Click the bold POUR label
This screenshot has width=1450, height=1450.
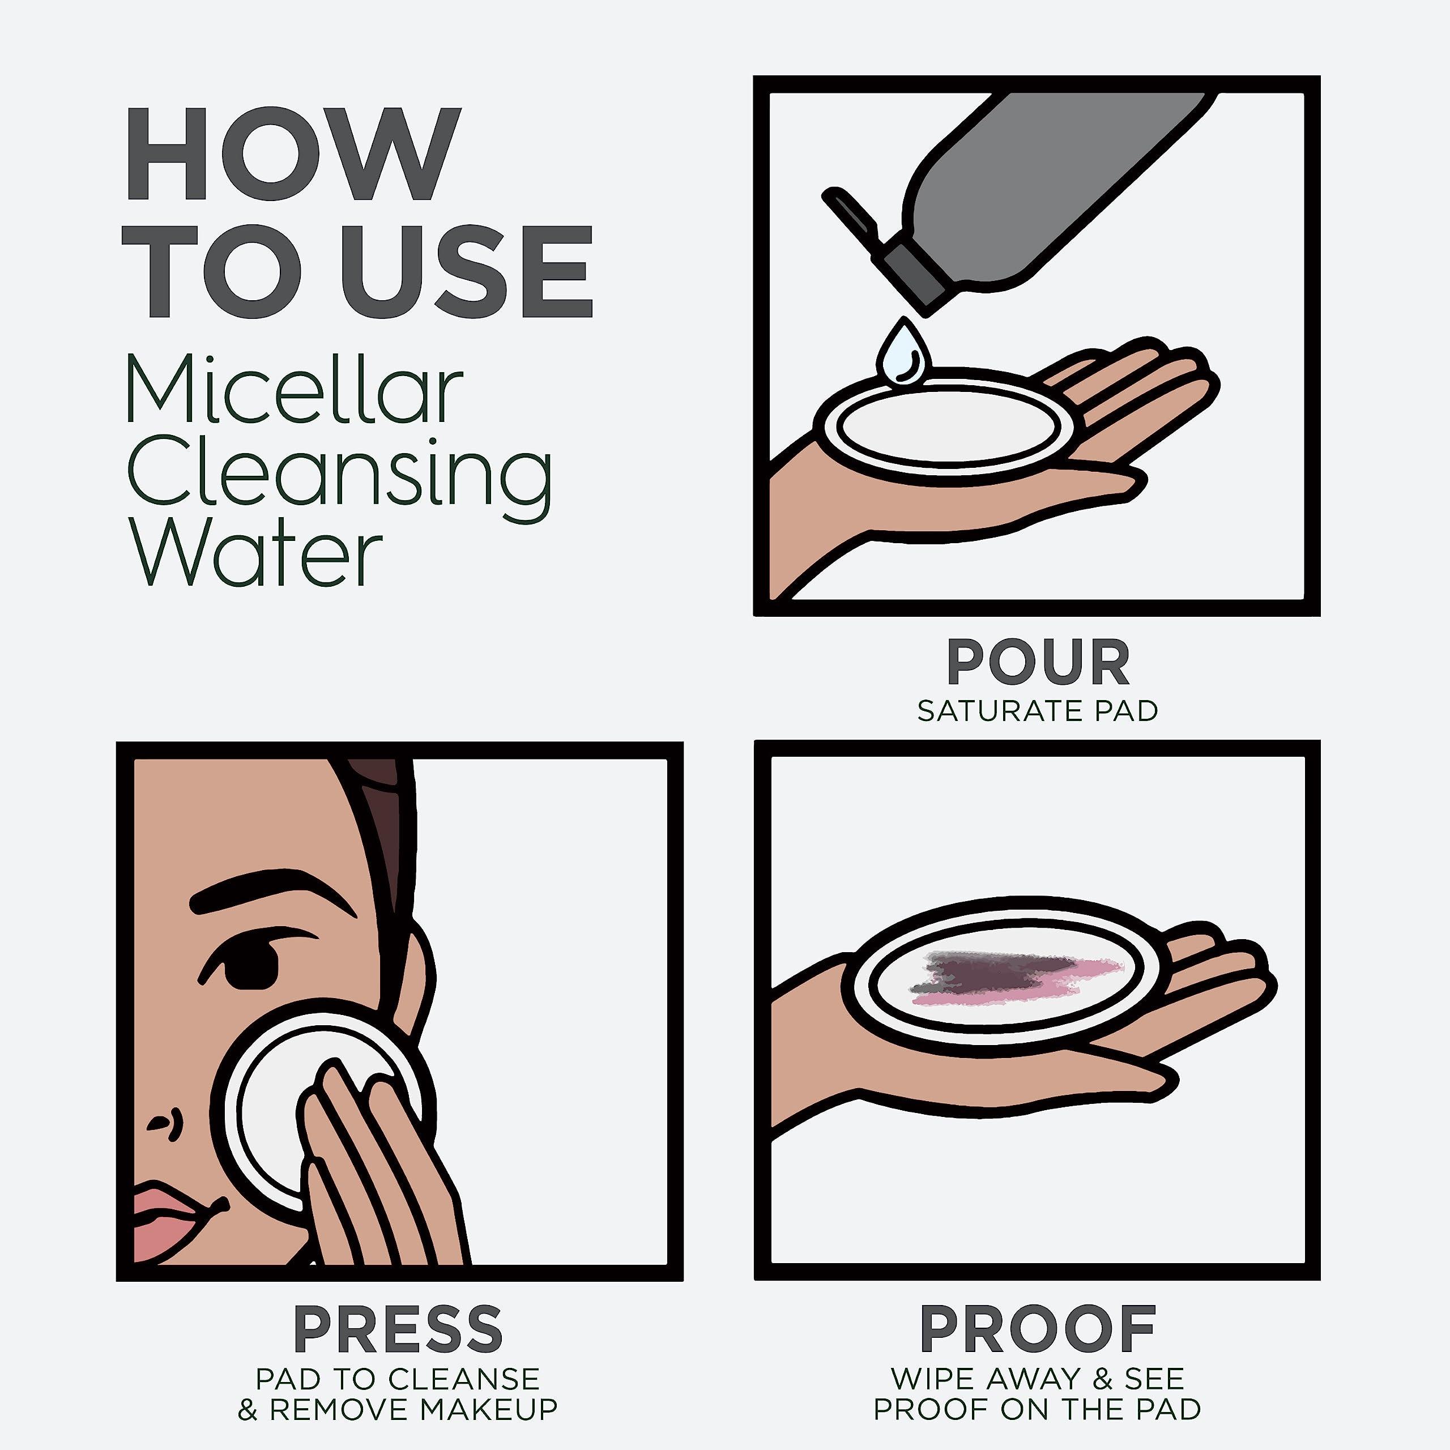(x=1038, y=662)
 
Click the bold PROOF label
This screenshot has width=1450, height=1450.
(x=1038, y=1329)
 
